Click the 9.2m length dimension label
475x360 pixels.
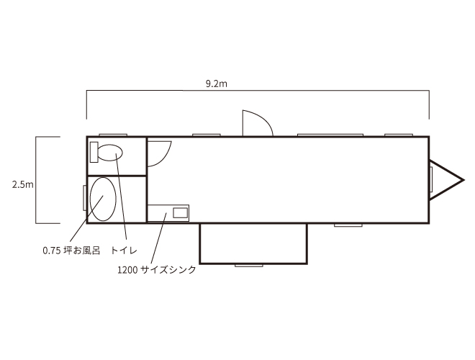pyautogui.click(x=217, y=84)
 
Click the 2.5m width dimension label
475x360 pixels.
pyautogui.click(x=23, y=184)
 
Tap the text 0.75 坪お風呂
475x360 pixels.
pyautogui.click(x=71, y=251)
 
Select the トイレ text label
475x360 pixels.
pyautogui.click(x=124, y=251)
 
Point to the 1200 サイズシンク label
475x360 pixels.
pyautogui.click(x=157, y=269)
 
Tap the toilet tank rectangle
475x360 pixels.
pyautogui.click(x=94, y=152)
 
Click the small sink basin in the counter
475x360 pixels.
pyautogui.click(x=180, y=212)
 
